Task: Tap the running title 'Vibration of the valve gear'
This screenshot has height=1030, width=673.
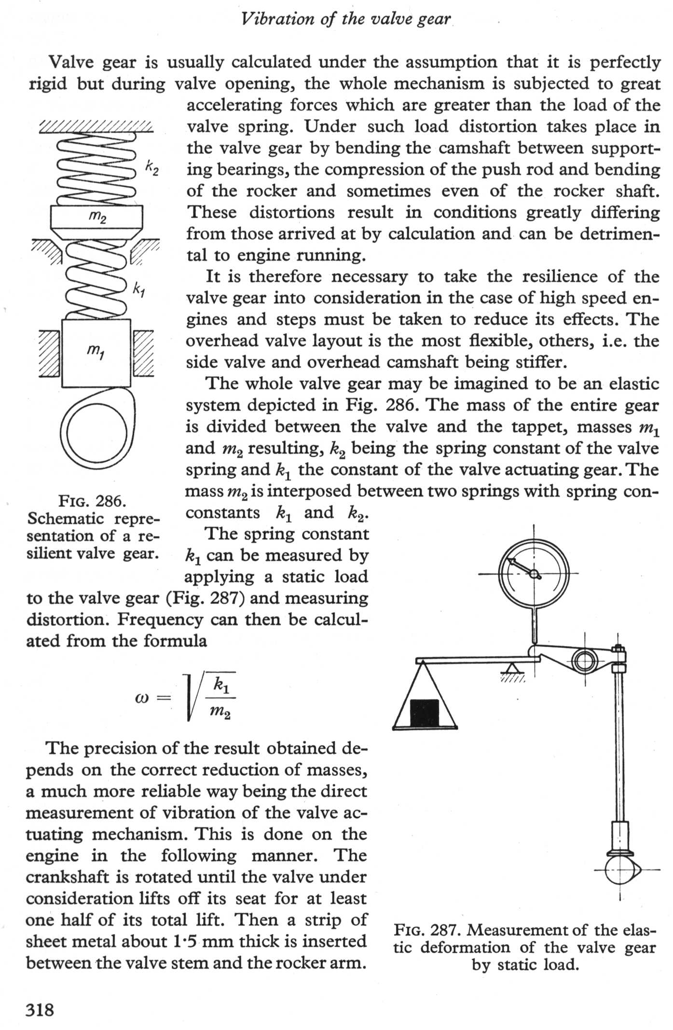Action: [x=346, y=19]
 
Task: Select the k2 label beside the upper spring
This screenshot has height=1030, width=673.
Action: [x=151, y=168]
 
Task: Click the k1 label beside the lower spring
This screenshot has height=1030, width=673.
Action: [x=139, y=290]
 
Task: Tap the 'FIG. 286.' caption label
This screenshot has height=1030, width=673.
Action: [x=92, y=502]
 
